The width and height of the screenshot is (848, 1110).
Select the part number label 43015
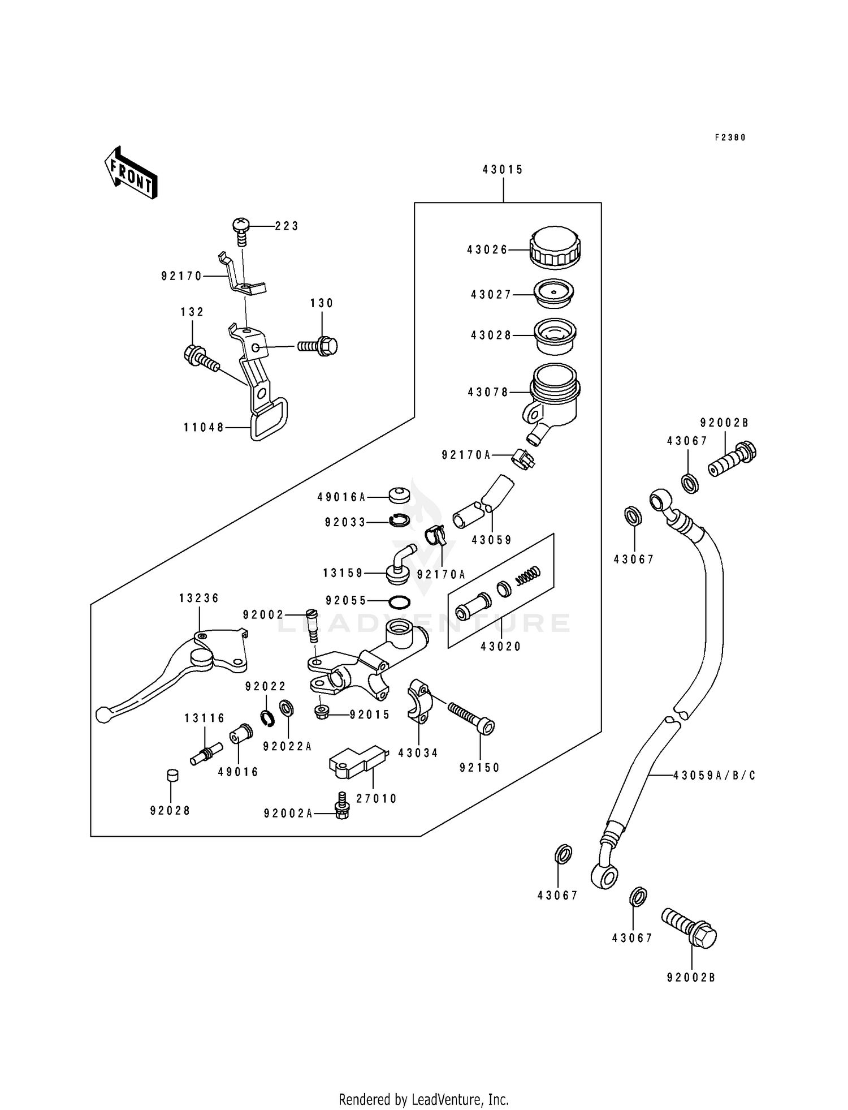coord(503,169)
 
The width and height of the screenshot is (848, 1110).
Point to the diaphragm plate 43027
coord(554,294)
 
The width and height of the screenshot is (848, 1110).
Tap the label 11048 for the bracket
coord(204,428)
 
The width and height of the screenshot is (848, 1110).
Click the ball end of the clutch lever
coord(102,715)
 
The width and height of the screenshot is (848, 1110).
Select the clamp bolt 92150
coord(471,717)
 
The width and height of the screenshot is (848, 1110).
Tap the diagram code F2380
coord(730,137)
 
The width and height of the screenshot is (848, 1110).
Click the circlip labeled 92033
coord(400,519)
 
